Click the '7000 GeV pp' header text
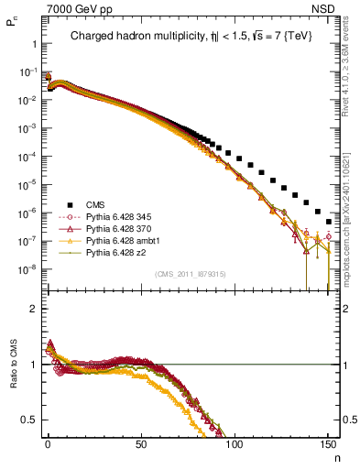74,7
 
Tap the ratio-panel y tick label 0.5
29,420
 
